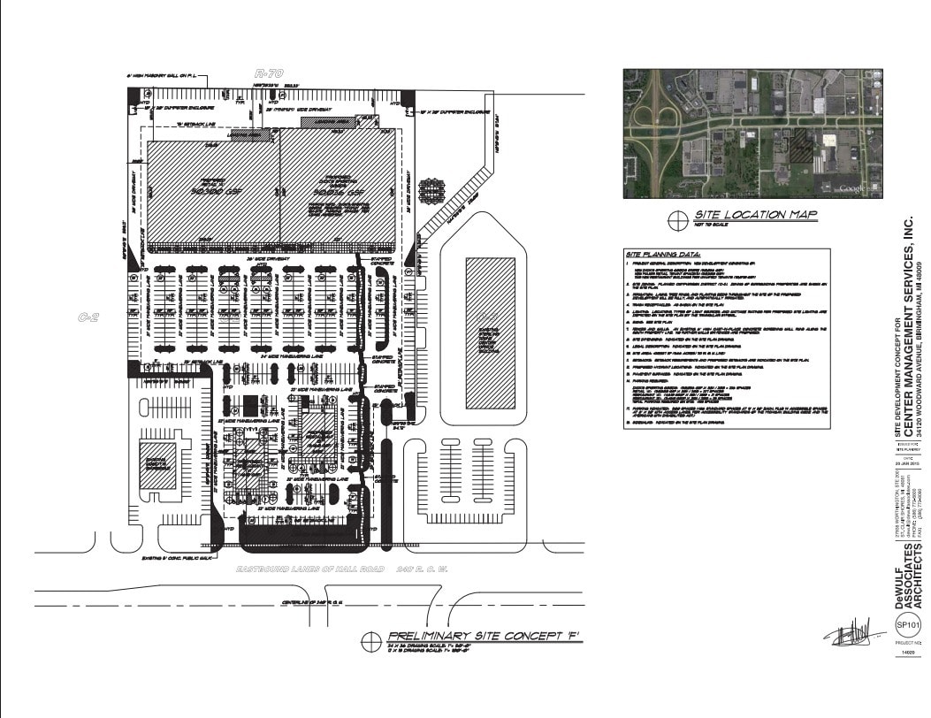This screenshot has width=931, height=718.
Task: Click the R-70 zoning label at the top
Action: (268, 74)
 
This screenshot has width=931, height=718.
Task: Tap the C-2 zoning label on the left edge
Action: (88, 317)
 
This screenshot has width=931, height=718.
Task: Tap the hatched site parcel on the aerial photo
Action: (801, 144)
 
